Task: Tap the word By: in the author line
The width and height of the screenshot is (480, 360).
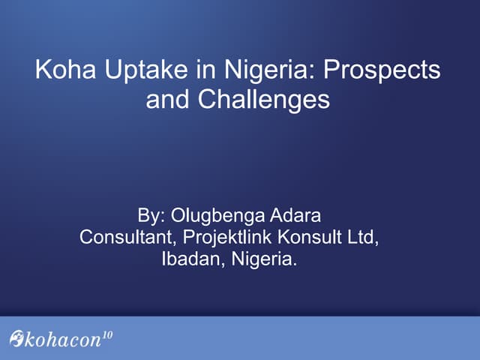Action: coord(152,217)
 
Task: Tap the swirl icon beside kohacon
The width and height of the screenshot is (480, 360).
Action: coord(16,339)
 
